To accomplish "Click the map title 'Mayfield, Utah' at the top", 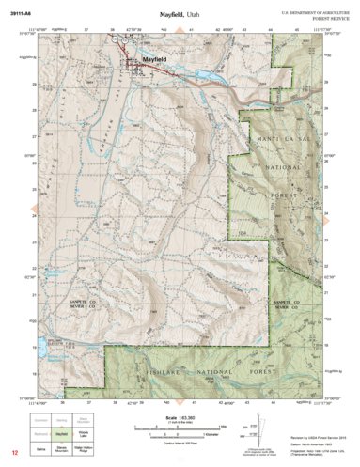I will pos(180,15).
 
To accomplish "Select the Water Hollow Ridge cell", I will pos(84,449).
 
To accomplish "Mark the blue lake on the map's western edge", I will pos(41,349).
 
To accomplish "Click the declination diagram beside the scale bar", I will pos(255,428).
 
